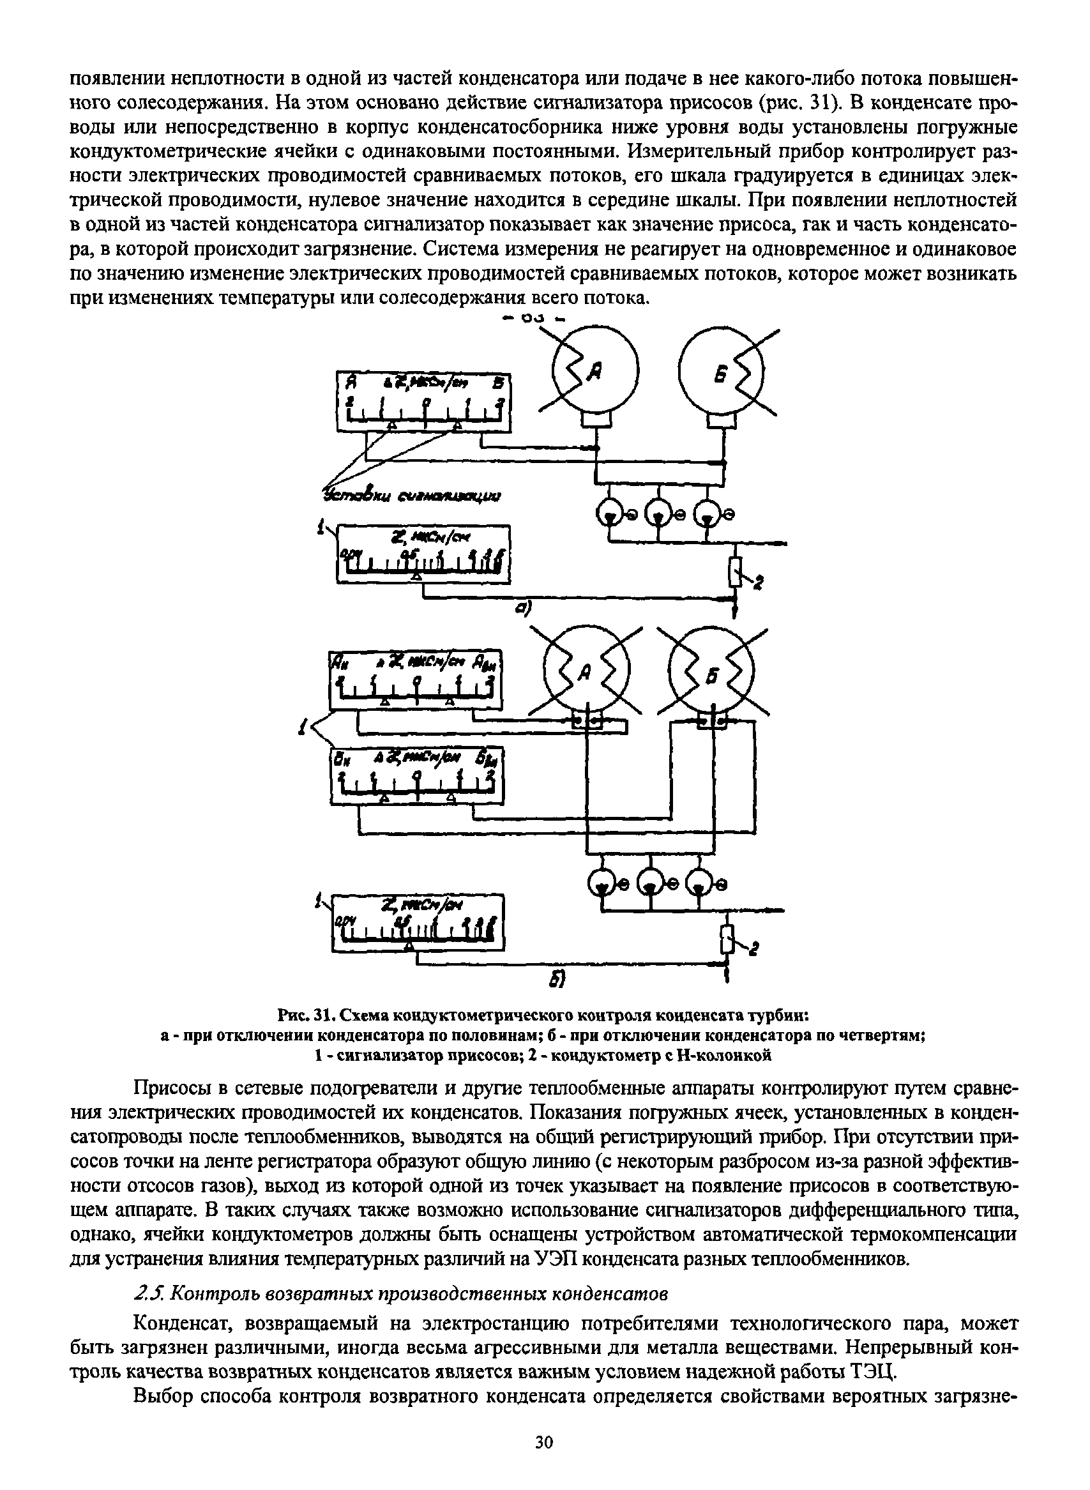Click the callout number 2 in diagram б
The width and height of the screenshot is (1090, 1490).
click(755, 950)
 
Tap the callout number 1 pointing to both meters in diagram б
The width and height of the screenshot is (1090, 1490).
click(303, 729)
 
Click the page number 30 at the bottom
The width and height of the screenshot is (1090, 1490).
click(543, 1443)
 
